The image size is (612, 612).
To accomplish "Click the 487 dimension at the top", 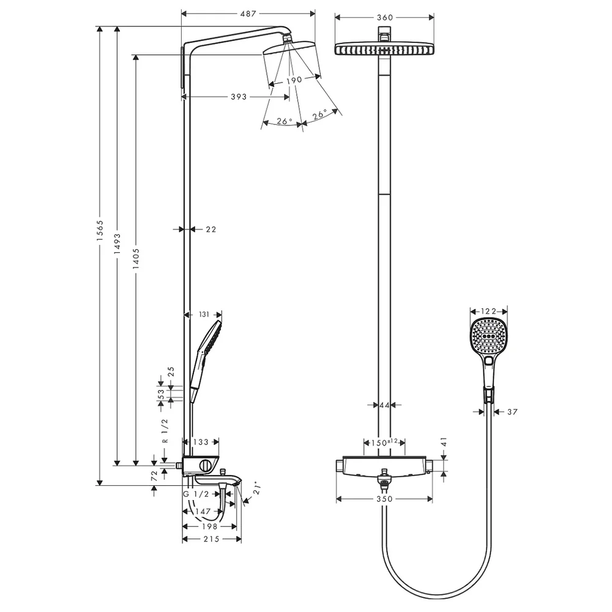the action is (248, 13).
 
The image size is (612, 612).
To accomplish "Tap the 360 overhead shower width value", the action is (385, 18).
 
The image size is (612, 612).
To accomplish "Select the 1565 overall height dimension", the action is (100, 230).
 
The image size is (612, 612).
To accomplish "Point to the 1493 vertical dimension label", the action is (118, 244).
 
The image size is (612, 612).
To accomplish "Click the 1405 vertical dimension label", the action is (136, 259).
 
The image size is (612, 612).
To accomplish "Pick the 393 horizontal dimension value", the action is (239, 97).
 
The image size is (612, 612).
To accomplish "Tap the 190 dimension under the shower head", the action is (294, 80).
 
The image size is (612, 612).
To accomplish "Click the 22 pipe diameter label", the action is (211, 229).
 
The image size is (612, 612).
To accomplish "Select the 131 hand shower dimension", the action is (204, 314).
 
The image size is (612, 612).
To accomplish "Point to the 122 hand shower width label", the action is (488, 311).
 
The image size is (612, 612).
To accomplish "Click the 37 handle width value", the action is (512, 412).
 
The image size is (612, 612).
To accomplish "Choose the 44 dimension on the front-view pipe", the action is (384, 406).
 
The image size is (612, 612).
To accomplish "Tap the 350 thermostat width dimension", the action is (385, 499).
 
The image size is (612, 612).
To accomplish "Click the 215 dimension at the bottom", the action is (212, 539).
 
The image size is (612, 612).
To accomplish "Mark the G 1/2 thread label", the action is (196, 494).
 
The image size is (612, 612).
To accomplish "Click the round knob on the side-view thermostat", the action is (205, 466).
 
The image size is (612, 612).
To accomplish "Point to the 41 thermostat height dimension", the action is (444, 442).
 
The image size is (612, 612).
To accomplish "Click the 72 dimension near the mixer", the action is (154, 475).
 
